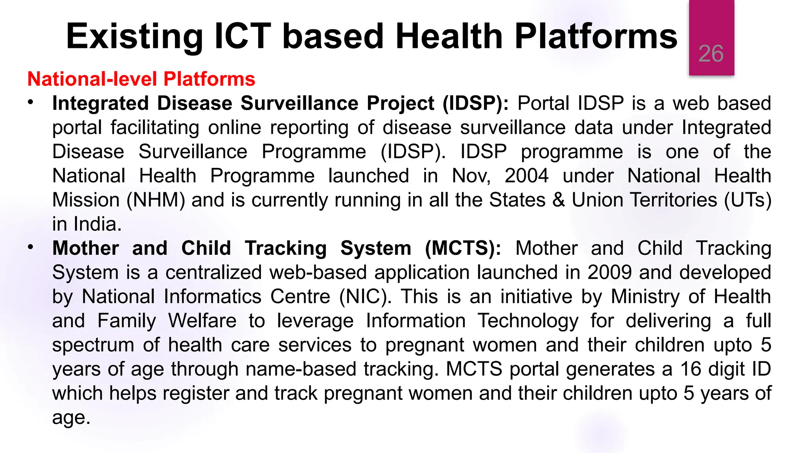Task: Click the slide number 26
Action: [711, 54]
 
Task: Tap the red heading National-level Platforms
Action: [141, 79]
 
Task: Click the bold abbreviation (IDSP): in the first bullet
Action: [475, 104]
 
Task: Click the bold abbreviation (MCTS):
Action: [463, 249]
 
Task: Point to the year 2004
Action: [526, 176]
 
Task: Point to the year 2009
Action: [609, 273]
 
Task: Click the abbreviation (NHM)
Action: [156, 200]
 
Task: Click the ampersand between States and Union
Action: [559, 200]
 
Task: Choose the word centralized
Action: [213, 273]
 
